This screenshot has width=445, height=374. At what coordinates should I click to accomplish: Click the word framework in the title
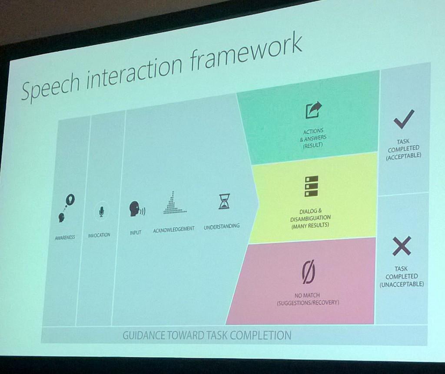(x=246, y=53)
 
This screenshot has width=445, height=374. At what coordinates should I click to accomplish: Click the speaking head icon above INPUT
(x=137, y=209)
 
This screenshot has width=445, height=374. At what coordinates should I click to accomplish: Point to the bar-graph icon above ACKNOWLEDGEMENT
(x=175, y=203)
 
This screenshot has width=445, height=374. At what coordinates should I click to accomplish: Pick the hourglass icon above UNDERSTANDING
(x=224, y=201)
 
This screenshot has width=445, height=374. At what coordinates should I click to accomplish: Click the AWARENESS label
(x=65, y=237)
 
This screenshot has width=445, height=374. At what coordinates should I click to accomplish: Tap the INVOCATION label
(x=99, y=235)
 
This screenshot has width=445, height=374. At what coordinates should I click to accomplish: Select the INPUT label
(x=136, y=233)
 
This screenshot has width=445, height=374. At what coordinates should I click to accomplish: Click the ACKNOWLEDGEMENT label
(x=174, y=230)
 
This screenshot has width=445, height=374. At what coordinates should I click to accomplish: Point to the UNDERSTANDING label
(x=222, y=226)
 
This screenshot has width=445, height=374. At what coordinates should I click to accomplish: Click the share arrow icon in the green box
(x=313, y=110)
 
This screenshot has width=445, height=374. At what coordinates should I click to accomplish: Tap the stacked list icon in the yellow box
(x=311, y=186)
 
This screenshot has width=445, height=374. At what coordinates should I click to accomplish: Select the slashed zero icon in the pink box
(x=308, y=272)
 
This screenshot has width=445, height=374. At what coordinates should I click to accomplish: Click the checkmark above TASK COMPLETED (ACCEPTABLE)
(x=404, y=119)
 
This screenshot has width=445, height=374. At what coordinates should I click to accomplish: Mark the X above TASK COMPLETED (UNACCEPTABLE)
(x=402, y=246)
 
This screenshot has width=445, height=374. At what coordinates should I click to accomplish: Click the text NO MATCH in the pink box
(x=307, y=295)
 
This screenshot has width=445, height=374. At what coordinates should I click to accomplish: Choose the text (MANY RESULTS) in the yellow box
(x=310, y=226)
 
